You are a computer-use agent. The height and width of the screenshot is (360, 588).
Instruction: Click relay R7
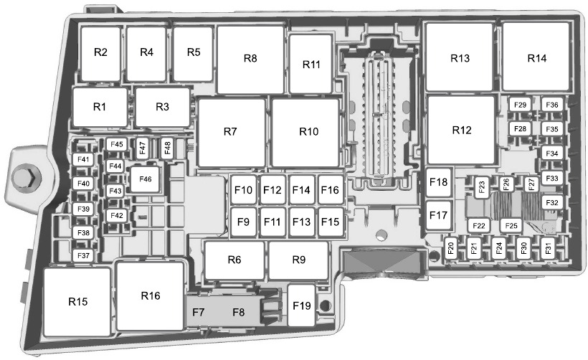click(x=232, y=132)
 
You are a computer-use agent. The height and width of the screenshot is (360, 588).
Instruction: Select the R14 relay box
click(x=536, y=57)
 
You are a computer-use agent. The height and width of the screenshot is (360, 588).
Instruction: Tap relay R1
click(x=100, y=107)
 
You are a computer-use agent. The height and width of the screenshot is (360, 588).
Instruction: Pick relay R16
click(x=151, y=296)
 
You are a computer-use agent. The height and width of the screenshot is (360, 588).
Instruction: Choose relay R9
click(x=298, y=260)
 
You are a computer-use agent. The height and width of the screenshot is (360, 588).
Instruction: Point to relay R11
click(x=311, y=64)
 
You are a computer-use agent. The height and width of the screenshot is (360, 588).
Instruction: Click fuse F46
click(x=145, y=179)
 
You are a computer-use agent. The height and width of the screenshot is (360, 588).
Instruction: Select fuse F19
click(x=301, y=305)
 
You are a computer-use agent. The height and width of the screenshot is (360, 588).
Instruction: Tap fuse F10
click(x=243, y=190)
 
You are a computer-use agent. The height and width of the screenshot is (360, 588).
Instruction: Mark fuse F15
click(x=331, y=222)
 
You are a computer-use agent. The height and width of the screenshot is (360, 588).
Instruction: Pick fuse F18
click(x=438, y=182)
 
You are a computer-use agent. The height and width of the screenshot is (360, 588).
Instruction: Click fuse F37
click(x=83, y=256)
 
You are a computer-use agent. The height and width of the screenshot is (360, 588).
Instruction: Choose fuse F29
click(x=520, y=105)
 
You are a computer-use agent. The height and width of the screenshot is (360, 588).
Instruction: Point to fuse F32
click(x=552, y=203)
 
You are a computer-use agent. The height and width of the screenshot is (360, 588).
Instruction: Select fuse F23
click(x=481, y=186)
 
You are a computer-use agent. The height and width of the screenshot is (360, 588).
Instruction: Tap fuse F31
click(x=548, y=248)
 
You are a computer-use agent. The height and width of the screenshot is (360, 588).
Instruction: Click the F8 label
click(x=239, y=312)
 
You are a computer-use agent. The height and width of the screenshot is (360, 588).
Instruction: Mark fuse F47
click(x=142, y=148)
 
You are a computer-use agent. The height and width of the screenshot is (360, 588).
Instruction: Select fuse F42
click(x=117, y=216)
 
